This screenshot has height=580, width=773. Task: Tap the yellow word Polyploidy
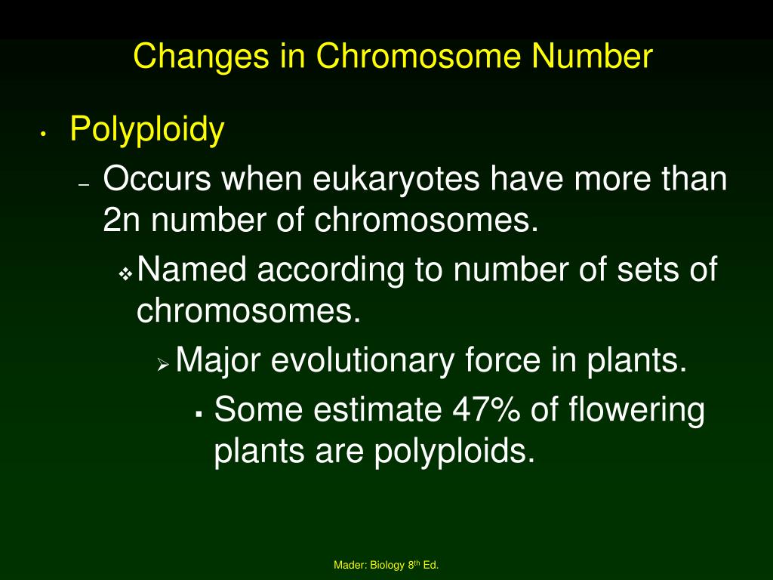147,130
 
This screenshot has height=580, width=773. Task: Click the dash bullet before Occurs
85,185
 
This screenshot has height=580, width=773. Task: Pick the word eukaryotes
396,180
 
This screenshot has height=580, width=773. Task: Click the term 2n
121,221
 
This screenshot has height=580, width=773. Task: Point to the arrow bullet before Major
163,364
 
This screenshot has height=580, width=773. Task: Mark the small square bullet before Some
199,415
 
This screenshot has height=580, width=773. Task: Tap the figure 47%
486,410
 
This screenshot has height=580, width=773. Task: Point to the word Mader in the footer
350,565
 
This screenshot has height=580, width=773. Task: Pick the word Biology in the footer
387,565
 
